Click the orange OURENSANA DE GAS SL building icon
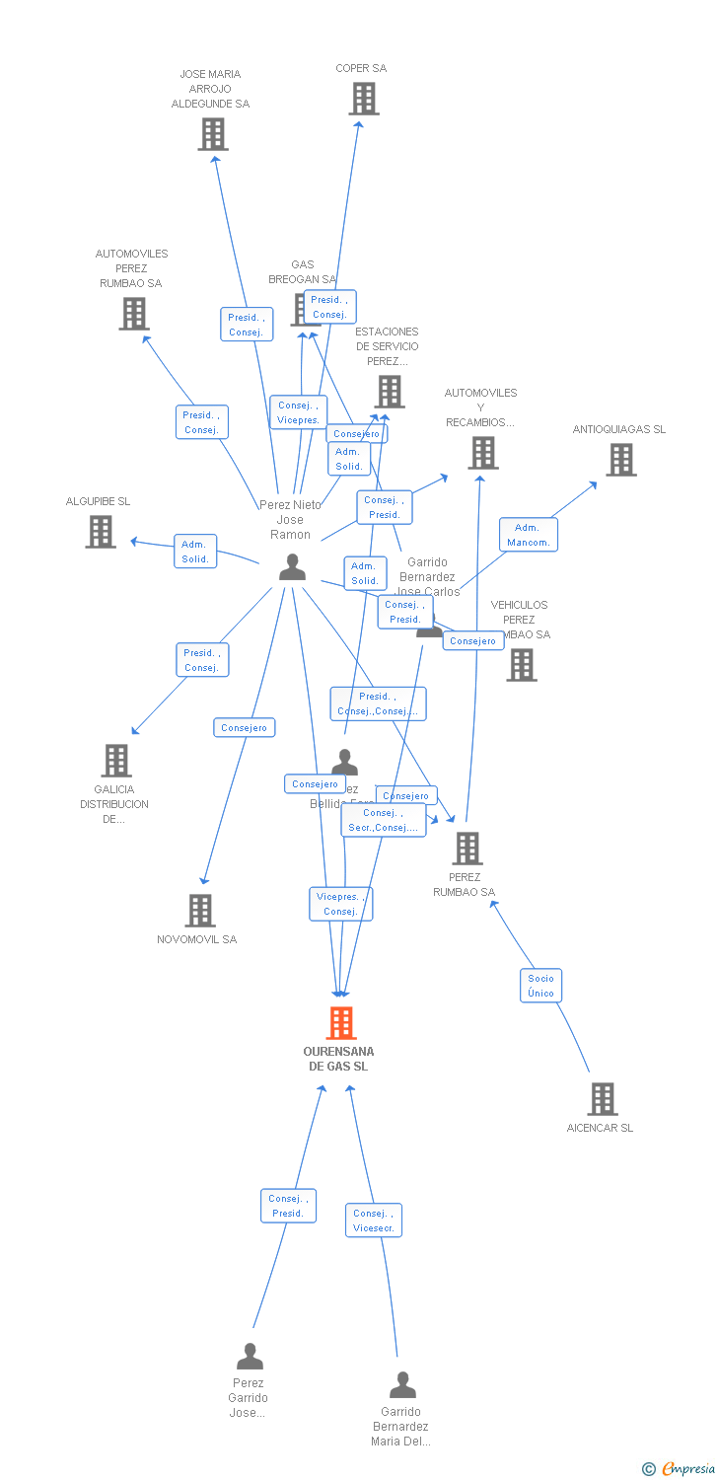(341, 1023)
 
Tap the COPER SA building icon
(364, 99)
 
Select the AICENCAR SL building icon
(602, 1099)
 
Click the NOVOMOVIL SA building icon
(200, 911)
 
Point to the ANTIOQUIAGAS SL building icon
(620, 460)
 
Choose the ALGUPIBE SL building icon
(101, 532)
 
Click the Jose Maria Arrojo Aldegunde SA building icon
(213, 134)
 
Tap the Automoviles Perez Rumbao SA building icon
(133, 314)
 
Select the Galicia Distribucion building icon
(116, 761)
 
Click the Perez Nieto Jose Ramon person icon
(292, 567)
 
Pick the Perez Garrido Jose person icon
(250, 1357)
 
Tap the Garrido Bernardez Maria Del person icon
(402, 1385)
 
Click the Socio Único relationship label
(540, 985)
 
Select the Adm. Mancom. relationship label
(529, 535)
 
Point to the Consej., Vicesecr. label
(374, 1221)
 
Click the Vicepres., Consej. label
(340, 904)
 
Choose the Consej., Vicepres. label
(298, 412)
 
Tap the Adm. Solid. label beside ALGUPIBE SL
(195, 552)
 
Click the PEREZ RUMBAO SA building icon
(467, 849)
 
